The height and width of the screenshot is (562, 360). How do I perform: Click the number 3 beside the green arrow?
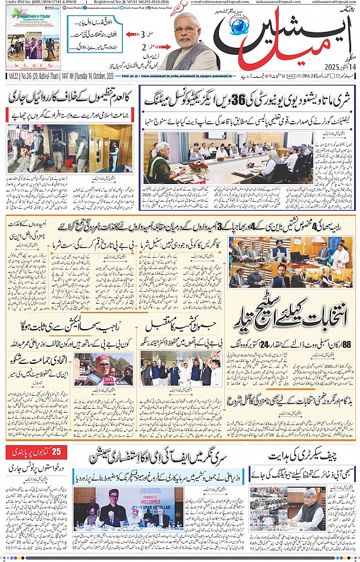click(x=143, y=36)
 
